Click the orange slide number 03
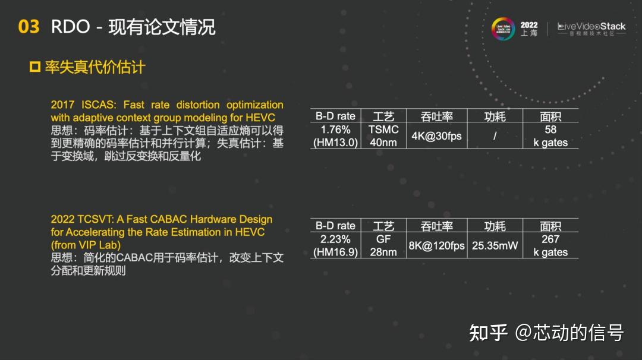[29, 27]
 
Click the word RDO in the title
[70, 27]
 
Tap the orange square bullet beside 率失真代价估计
[34, 67]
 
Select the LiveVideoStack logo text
[591, 27]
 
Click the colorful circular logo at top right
[503, 29]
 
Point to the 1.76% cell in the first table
[335, 130]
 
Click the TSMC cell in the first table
[383, 130]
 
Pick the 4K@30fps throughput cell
[436, 136]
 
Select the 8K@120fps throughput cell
[436, 245]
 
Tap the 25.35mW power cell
[495, 245]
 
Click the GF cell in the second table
[383, 239]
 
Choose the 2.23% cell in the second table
[335, 239]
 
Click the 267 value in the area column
[550, 239]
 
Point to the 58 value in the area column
[550, 130]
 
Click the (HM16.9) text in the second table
[335, 252]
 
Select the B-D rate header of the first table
[335, 116]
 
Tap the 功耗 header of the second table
[495, 226]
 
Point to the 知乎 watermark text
[488, 332]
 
